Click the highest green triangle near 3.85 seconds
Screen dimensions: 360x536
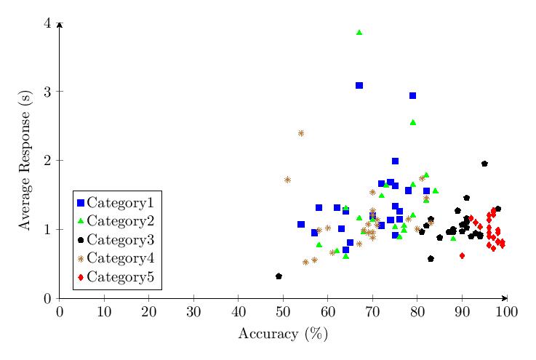click(359, 33)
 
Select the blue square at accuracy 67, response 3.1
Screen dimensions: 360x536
click(359, 85)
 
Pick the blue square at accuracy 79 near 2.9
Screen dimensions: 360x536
click(413, 96)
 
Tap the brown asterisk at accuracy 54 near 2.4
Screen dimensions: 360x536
click(301, 133)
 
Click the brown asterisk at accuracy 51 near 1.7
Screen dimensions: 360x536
click(287, 180)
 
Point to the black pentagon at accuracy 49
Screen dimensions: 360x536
click(279, 276)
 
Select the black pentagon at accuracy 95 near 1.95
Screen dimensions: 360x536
click(484, 164)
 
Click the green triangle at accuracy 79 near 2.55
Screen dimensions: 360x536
click(413, 122)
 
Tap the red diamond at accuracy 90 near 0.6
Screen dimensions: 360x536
click(462, 256)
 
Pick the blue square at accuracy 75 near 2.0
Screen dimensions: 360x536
click(395, 161)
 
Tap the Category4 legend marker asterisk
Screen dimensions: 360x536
click(81, 258)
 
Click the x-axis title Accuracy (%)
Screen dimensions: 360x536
click(283, 334)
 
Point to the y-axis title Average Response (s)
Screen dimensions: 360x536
click(25, 160)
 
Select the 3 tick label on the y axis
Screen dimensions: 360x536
click(48, 92)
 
